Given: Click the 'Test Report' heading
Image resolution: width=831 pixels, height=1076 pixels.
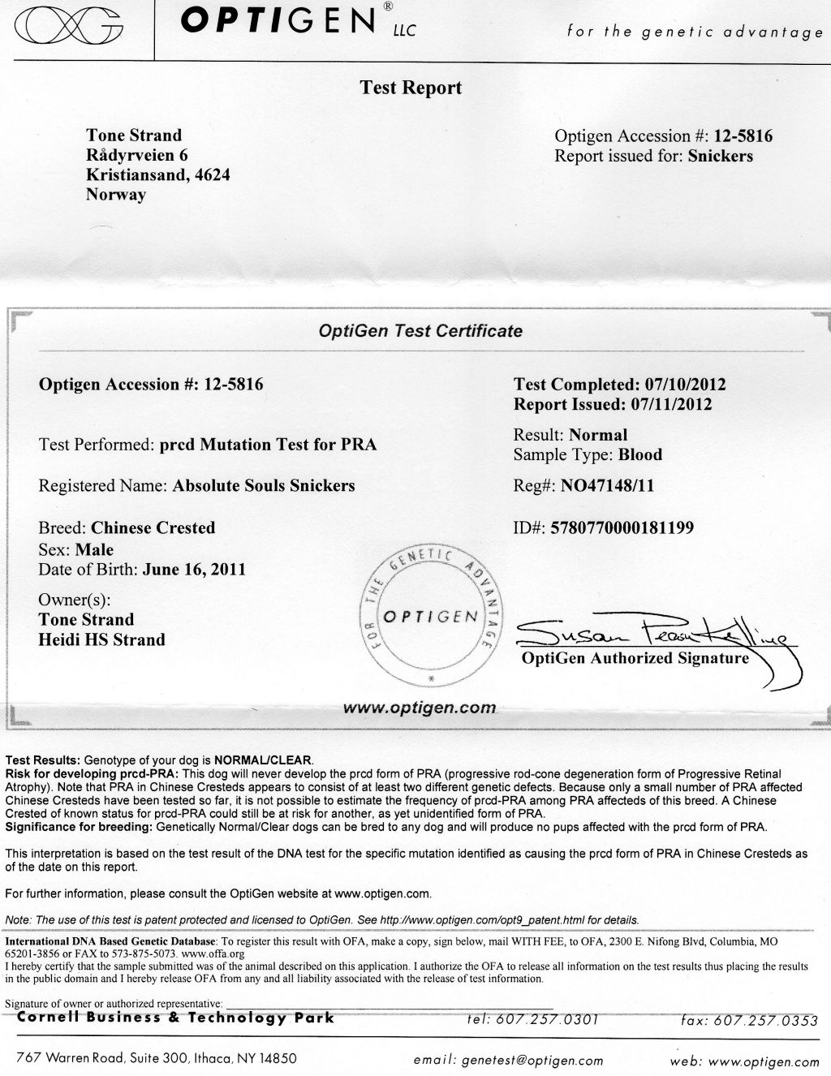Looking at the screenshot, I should point(411,88).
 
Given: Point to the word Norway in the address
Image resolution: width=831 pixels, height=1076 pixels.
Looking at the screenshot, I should point(116,195).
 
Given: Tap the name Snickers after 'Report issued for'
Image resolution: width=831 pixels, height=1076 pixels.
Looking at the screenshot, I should point(720,156).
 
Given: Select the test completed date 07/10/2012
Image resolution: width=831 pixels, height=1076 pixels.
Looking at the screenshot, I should point(685,385).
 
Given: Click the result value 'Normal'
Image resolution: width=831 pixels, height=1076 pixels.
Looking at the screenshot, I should point(598,435).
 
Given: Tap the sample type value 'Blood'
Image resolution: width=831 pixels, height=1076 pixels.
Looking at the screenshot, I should point(640,454).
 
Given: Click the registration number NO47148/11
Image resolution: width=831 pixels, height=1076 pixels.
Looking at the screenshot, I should point(608,487).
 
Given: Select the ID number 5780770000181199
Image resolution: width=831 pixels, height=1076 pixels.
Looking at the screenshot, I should point(622,527).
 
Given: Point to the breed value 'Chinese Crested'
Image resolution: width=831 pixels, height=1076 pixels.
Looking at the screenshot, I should point(153,528).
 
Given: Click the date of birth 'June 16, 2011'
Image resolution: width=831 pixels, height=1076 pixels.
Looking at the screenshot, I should point(193,569).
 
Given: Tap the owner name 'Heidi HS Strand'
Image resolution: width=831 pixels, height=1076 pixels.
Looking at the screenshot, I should point(102,639).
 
